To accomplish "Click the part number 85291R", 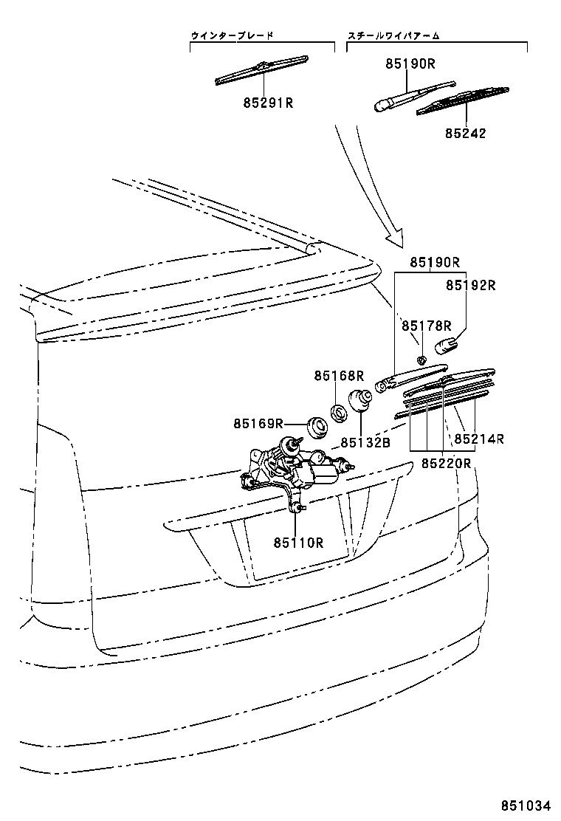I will pyautogui.click(x=268, y=103).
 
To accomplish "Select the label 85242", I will pyautogui.click(x=465, y=134).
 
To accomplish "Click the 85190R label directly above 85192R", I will pyautogui.click(x=436, y=262).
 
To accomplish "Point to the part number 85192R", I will pyautogui.click(x=469, y=284).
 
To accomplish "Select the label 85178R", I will pyautogui.click(x=427, y=325).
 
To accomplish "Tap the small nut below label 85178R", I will pyautogui.click(x=420, y=360).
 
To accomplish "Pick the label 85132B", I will pyautogui.click(x=365, y=443).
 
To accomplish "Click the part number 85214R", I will pyautogui.click(x=479, y=439).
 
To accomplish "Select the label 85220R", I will pyautogui.click(x=446, y=463).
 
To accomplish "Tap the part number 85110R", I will pyautogui.click(x=299, y=543).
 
